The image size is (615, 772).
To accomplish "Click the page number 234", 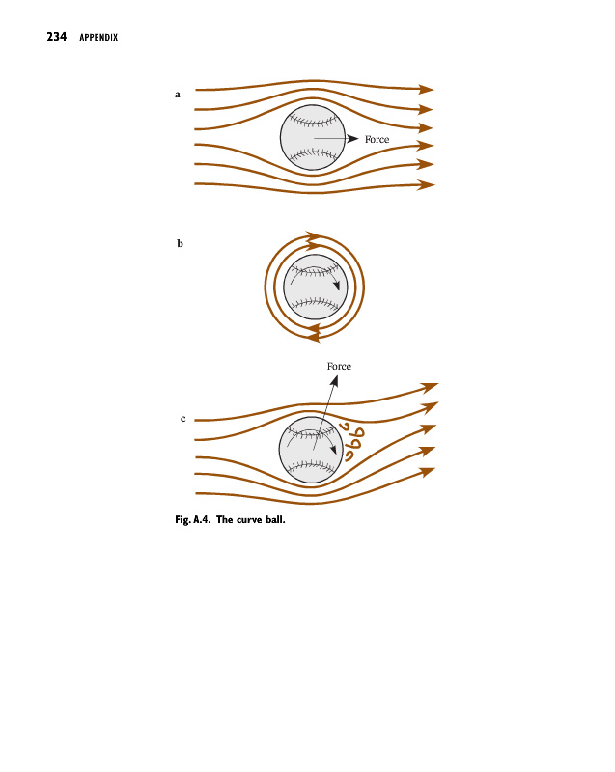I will point(56,38).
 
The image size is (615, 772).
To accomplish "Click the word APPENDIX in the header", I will point(98,39).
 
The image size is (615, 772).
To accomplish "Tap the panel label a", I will point(178,95).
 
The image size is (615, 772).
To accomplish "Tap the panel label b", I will point(180,244).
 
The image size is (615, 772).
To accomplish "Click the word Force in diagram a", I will point(377,140).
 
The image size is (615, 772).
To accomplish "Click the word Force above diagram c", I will point(339,367).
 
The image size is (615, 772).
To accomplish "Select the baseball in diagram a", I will point(313,137).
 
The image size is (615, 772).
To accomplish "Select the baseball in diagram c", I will point(311,450).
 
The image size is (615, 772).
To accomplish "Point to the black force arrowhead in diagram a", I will point(352,139).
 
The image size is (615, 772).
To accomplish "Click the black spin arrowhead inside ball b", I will point(336,287).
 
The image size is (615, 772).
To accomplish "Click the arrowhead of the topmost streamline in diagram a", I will point(425,89).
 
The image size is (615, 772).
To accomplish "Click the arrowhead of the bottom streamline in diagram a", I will point(425,184).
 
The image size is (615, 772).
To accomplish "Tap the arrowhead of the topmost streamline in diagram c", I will point(431,387).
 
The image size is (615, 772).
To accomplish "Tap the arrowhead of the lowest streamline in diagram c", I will point(427,472).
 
